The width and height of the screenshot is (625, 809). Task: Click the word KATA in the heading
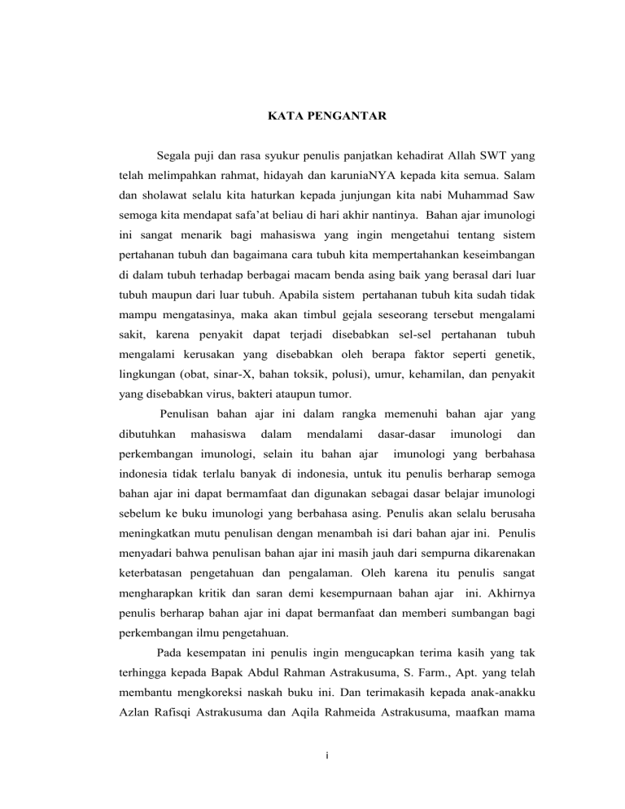(284, 117)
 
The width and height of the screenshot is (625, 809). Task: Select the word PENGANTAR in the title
(340, 117)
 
